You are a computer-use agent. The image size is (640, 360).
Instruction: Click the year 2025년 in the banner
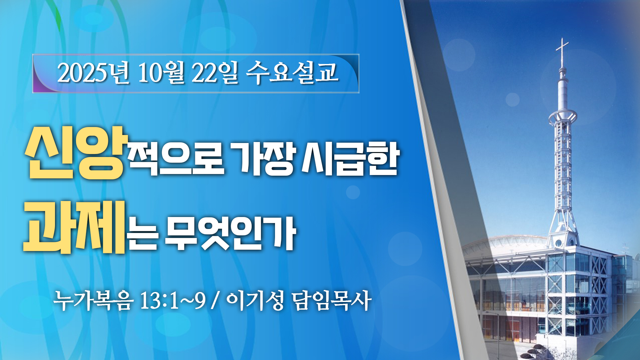click(x=93, y=73)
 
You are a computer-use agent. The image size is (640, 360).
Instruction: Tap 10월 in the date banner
click(x=161, y=73)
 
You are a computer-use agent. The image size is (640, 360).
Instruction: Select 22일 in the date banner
click(x=215, y=73)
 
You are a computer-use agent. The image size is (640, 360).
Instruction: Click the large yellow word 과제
click(x=74, y=227)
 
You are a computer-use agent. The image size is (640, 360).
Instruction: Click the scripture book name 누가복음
click(x=94, y=300)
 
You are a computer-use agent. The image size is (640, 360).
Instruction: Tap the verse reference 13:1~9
click(x=173, y=300)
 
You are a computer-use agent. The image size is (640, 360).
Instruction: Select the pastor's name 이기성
click(x=255, y=300)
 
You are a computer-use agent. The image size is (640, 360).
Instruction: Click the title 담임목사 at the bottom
click(x=331, y=300)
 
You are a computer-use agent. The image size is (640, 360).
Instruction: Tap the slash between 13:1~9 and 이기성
click(x=215, y=301)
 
